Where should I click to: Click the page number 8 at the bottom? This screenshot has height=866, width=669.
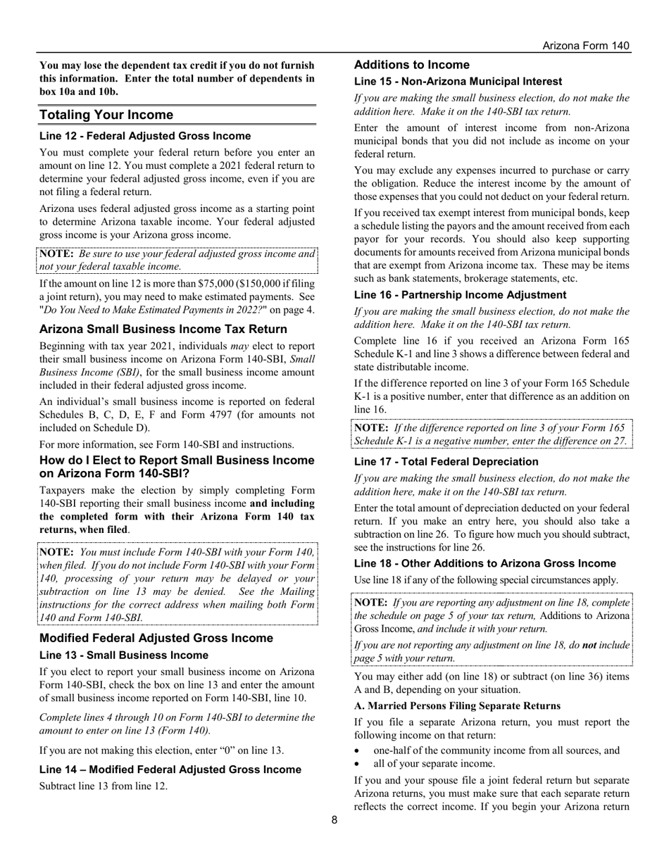tap(334, 820)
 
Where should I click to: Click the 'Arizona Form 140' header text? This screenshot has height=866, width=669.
tap(586, 46)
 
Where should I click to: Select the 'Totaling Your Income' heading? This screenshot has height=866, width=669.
tap(106, 115)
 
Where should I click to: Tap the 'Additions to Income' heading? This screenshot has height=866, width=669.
tap(412, 65)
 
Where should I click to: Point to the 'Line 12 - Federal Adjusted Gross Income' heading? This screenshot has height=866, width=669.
tap(145, 136)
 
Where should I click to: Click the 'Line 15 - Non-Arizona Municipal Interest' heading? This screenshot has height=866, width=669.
tap(458, 82)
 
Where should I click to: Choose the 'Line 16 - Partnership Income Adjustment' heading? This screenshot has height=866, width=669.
tap(460, 295)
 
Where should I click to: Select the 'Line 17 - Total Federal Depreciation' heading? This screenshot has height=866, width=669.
tap(446, 462)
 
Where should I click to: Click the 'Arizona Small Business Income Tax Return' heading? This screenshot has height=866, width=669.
tap(163, 329)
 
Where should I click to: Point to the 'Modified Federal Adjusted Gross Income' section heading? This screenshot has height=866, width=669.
tap(156, 638)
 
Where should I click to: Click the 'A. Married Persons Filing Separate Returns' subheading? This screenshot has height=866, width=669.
tap(457, 705)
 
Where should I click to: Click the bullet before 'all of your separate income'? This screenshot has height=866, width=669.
tap(358, 764)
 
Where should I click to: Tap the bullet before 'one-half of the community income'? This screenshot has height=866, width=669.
tap(358, 751)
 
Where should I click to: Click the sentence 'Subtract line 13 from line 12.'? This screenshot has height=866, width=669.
tap(104, 786)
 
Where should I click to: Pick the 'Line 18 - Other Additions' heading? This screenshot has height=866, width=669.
tap(485, 563)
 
